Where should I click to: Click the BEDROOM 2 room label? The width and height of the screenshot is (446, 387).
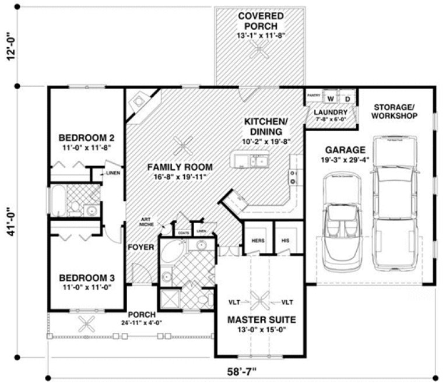[x=86, y=138]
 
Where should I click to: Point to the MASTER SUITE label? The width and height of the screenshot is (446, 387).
[x=261, y=319]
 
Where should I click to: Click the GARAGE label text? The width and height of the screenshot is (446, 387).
[x=346, y=149]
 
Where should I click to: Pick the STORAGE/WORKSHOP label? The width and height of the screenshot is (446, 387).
[x=395, y=111]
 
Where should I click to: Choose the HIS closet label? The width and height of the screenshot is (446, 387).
[x=285, y=240]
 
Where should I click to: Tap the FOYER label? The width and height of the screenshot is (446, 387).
[x=141, y=248]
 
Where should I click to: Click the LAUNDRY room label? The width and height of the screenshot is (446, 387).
[x=331, y=112]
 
